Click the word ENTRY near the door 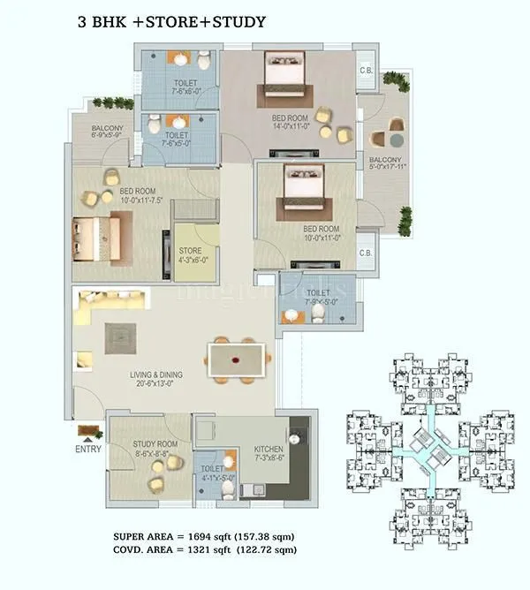pyautogui.click(x=88, y=449)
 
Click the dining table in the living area pyautogui.click(x=238, y=360)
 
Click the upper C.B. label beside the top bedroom pyautogui.click(x=365, y=71)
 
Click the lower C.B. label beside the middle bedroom pyautogui.click(x=365, y=252)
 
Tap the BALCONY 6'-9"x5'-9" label pyautogui.click(x=107, y=132)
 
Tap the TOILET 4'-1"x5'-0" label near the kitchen pyautogui.click(x=212, y=473)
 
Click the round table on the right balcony pyautogui.click(x=396, y=140)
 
